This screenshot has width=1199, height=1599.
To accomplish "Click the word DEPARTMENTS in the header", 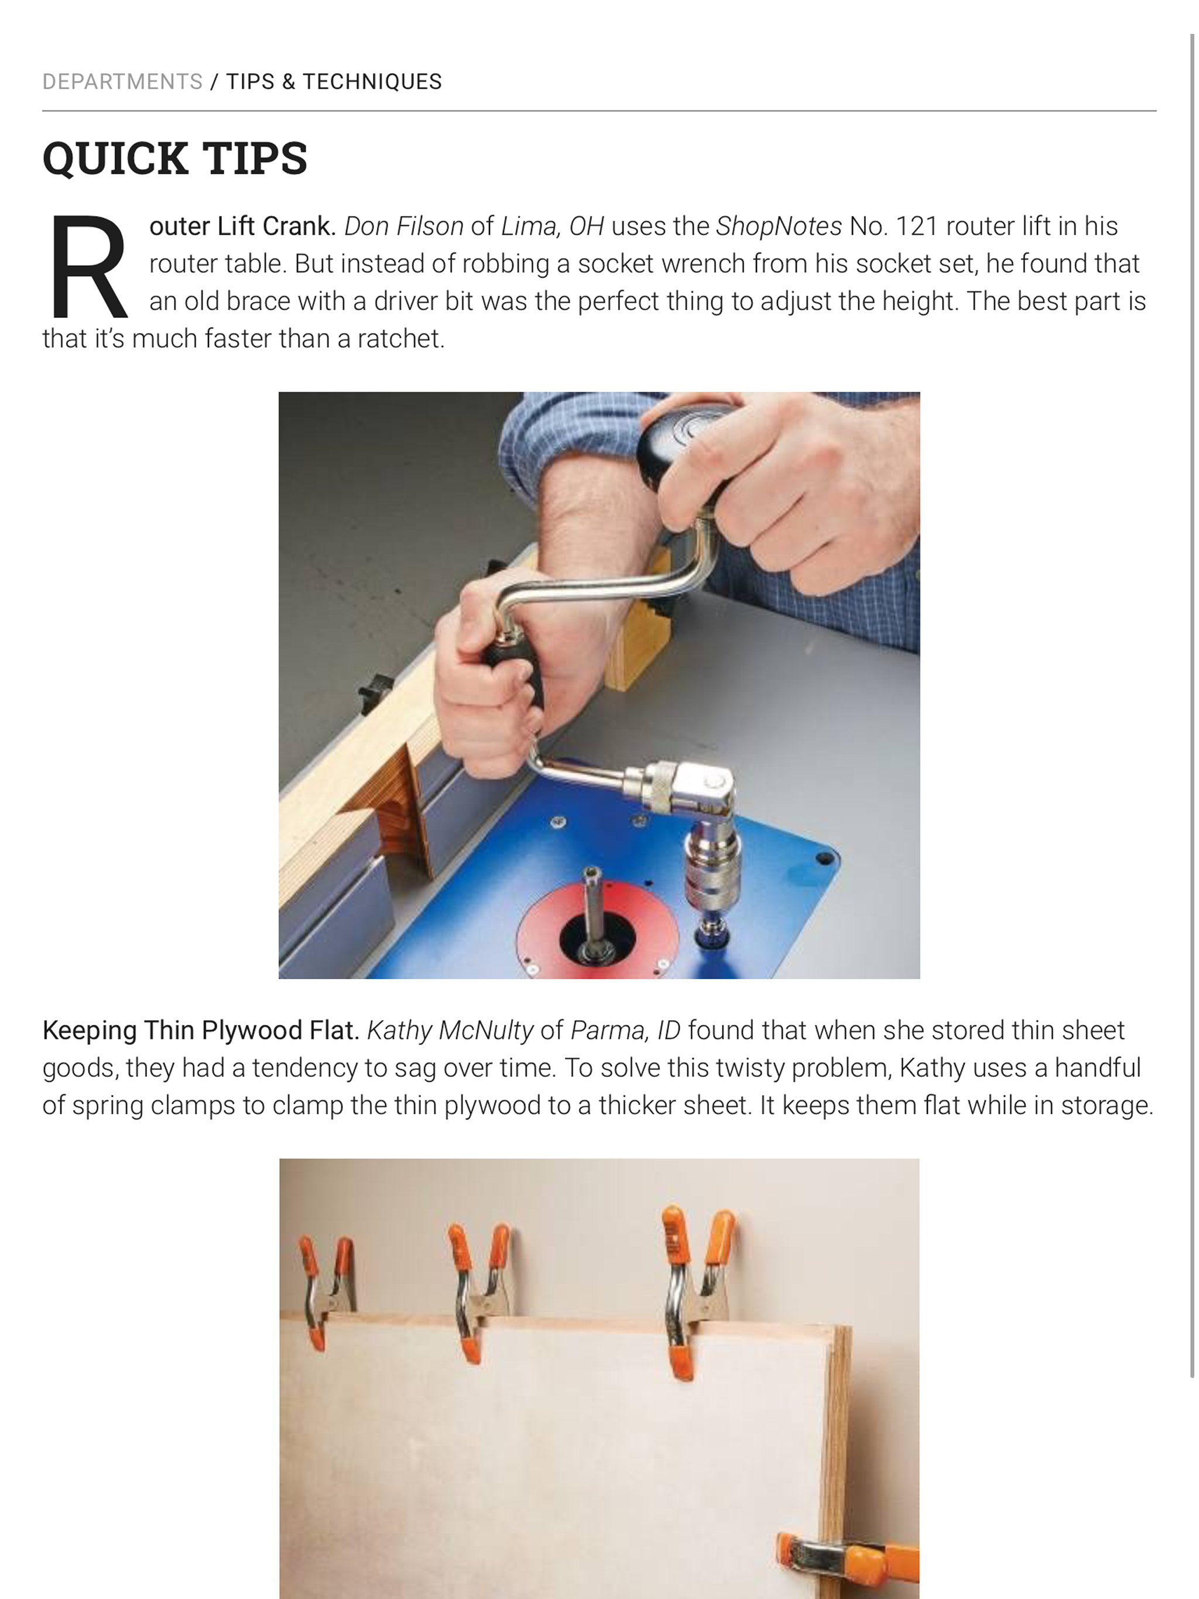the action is (122, 82).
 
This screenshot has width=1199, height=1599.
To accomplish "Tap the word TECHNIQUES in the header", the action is (372, 82).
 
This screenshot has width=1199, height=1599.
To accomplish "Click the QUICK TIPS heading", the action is (175, 157).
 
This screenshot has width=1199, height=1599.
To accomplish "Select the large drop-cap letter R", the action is (87, 266).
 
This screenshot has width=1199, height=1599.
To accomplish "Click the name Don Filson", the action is (403, 227).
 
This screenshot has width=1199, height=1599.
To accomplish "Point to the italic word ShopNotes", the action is (779, 227).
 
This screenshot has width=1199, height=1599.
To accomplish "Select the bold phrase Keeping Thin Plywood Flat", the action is (201, 1030).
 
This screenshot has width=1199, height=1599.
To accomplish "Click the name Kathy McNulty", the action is (450, 1030).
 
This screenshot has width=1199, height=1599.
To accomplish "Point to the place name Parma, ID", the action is (625, 1030).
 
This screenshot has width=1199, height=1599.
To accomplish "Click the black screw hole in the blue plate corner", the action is (824, 859).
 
